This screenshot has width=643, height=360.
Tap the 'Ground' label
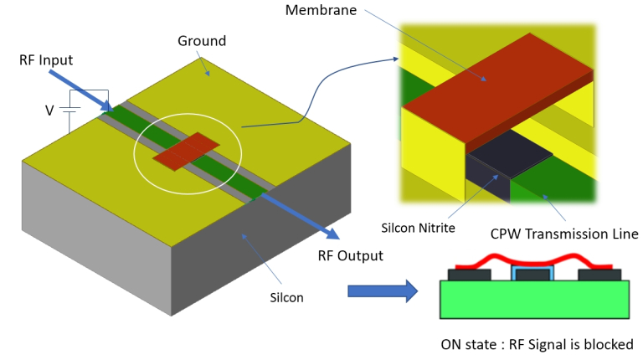point(202,40)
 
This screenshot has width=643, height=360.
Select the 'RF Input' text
point(46,60)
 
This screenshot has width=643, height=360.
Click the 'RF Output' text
point(349,255)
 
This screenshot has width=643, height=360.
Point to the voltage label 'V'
point(49,109)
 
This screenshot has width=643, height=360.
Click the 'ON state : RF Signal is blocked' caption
point(537,344)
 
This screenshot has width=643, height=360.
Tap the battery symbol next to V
point(72,110)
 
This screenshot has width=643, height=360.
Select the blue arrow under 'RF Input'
point(80,91)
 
